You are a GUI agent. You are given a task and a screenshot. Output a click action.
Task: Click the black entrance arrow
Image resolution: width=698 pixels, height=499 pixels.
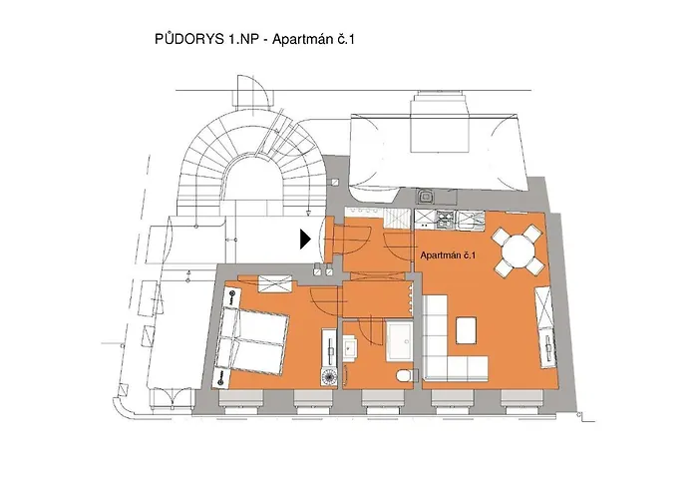point(305,240)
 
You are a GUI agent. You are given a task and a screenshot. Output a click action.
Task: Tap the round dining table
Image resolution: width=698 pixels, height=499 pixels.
point(518,251)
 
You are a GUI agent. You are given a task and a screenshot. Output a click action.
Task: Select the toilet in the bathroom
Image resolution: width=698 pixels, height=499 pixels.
point(404,375)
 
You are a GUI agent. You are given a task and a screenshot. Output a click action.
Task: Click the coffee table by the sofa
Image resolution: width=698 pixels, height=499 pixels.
point(467,330)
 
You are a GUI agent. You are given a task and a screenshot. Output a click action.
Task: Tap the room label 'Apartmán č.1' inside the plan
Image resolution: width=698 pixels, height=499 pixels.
point(449,255)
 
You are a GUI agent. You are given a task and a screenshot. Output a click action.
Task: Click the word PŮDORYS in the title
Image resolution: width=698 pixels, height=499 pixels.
point(189,39)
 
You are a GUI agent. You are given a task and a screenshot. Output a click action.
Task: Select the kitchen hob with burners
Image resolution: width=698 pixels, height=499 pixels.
point(445,220)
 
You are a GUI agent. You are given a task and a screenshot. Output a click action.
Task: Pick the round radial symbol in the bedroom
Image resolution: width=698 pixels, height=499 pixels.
point(328,377)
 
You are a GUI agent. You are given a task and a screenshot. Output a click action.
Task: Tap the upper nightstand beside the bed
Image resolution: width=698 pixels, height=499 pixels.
point(232,297)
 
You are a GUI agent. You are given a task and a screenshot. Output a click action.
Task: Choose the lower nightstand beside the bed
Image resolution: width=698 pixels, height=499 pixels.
point(221,378)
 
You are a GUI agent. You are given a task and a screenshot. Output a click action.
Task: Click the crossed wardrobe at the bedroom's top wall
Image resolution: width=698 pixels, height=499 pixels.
point(276,283)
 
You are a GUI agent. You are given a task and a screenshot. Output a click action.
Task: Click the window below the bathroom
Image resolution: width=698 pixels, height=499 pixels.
point(384,399)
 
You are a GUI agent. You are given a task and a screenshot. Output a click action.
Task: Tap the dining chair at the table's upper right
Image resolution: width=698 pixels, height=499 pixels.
point(531,233)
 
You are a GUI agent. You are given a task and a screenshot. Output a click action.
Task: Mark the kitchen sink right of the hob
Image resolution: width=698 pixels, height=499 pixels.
point(470,220)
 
